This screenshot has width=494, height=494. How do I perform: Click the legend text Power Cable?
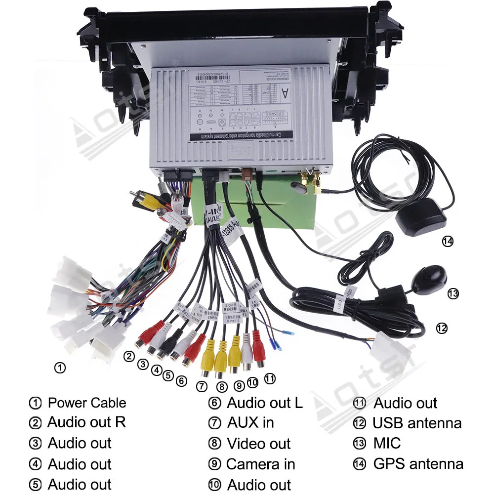86,403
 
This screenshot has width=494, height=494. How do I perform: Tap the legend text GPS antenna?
418,464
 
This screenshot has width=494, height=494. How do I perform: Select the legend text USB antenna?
417,423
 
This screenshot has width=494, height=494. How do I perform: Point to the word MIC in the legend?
387,443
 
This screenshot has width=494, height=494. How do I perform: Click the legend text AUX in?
250,423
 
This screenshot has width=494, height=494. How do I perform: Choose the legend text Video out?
258,444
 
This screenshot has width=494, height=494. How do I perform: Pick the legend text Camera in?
260,464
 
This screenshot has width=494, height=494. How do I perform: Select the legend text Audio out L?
264,403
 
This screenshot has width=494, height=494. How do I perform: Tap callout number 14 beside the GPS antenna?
448,241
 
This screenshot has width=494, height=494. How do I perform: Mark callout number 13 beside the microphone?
453,293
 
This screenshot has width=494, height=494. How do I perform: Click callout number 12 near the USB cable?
441,328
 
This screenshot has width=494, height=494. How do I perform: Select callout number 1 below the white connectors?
59,368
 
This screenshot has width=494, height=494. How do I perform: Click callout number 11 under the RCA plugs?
270,379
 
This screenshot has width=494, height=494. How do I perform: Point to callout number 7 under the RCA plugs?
201,386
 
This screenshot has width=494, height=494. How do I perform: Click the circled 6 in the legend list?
214,403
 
